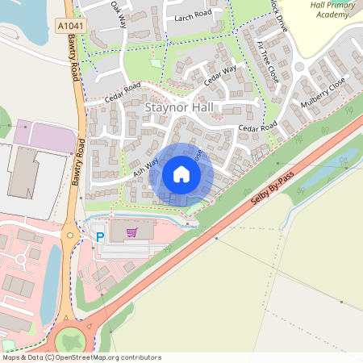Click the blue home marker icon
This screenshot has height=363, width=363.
181,174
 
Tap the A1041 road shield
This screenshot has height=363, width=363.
69,27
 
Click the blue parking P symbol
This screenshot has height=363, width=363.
100,237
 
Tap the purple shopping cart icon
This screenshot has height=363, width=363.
131,232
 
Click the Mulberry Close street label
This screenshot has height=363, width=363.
323,94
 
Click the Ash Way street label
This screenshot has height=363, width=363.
143,167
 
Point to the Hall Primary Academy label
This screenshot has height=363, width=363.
332,9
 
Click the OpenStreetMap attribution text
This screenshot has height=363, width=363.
81,357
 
